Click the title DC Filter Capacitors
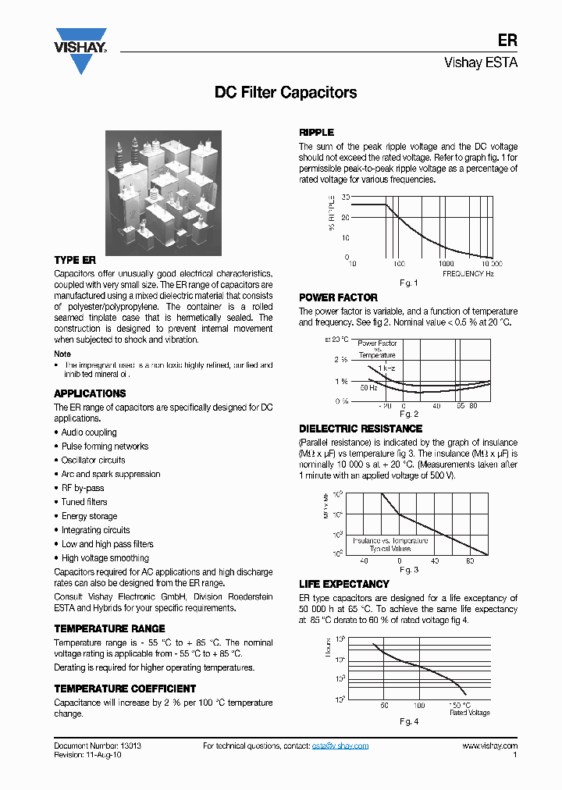click(286, 92)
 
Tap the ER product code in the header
click(507, 41)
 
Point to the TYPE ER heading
click(75, 260)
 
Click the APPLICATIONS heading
click(90, 393)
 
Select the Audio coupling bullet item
click(89, 432)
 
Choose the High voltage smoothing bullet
click(105, 558)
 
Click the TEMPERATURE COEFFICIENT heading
click(125, 689)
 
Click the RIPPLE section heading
click(317, 133)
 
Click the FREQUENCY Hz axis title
click(468, 274)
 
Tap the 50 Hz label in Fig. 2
click(368, 387)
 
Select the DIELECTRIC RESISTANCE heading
click(361, 429)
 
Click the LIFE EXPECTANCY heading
click(344, 584)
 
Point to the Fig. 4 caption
click(409, 721)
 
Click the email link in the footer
click(340, 746)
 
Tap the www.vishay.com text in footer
click(489, 746)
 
